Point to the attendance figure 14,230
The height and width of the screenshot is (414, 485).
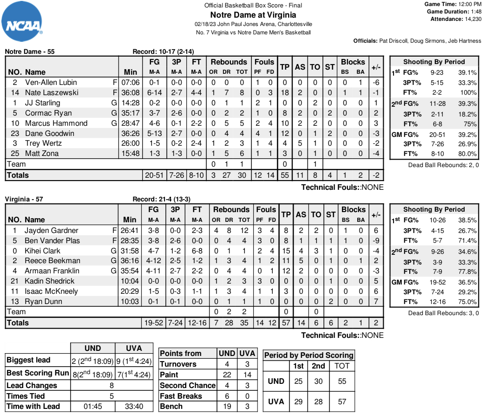coord(470,19)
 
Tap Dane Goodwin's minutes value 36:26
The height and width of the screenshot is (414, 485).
coord(130,133)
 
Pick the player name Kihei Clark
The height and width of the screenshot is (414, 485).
coord(43,251)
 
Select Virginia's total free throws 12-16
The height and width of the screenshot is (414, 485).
coord(197,323)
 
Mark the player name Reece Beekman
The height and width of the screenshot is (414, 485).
coord(52,261)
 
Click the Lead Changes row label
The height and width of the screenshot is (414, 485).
coord(32,385)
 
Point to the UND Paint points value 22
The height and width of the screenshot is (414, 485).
coord(227,375)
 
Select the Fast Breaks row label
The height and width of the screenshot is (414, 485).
coord(181,396)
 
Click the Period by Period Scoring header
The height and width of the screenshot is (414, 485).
coord(308,355)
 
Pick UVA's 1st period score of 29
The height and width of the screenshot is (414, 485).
coord(298,401)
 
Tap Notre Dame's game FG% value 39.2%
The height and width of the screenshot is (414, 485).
coord(467,134)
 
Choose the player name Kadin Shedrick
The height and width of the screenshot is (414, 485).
coord(49,281)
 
